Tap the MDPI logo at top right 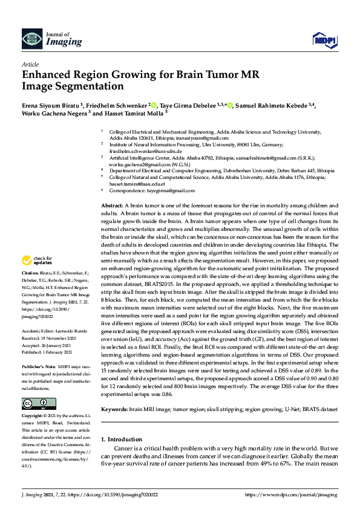click(x=324, y=40)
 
